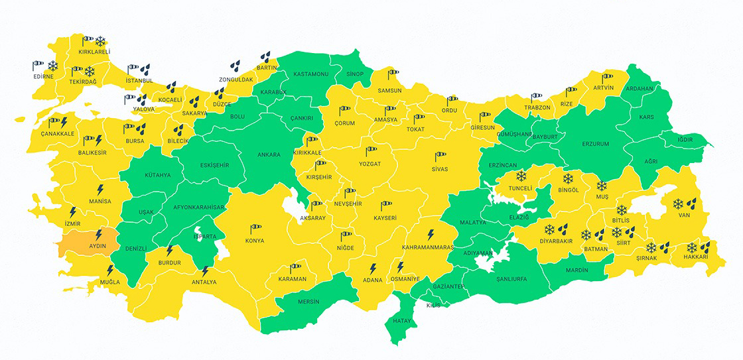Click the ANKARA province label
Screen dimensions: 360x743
[269, 155]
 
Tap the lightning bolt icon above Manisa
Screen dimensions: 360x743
[100, 189]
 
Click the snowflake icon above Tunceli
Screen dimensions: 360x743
[521, 176]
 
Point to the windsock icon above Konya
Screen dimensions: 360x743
[255, 229]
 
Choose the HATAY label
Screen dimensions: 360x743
[402, 321]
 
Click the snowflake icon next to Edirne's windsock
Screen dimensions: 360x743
[53, 66]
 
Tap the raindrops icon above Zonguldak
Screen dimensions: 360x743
[236, 66]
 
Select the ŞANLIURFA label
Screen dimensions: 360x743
[511, 279]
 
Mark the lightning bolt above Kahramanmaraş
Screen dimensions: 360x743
[430, 235]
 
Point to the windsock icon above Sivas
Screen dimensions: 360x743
[440, 157]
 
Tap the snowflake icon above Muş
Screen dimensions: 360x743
[602, 186]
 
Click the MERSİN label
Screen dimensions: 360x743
[308, 302]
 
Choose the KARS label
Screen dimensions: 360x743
[645, 117]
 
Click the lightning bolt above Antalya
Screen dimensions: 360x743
[205, 270]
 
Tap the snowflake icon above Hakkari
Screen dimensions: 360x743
[691, 247]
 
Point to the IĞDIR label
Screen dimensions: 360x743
[684, 139]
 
